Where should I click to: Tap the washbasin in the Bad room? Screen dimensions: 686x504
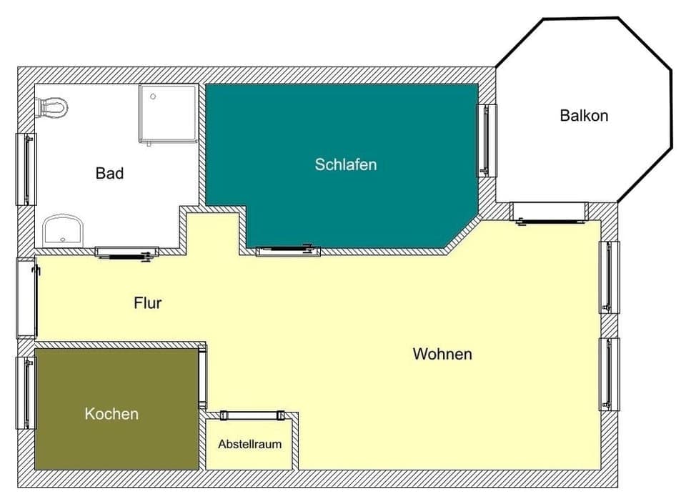[63, 232]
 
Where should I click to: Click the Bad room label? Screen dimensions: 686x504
[109, 173]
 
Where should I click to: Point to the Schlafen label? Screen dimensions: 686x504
[345, 164]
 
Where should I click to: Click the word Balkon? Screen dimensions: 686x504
[584, 115]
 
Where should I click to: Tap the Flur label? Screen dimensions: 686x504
[148, 302]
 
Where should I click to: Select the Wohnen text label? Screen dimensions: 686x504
[442, 354]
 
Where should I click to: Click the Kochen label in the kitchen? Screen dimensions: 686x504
[111, 413]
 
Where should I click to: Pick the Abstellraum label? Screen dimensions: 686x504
[249, 444]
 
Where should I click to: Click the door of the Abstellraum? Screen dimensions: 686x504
[252, 415]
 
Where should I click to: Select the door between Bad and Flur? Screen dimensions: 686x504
[126, 252]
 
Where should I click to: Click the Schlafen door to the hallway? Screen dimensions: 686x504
[287, 250]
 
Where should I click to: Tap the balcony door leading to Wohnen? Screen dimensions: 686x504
[549, 212]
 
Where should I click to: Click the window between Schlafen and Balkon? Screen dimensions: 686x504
[487, 139]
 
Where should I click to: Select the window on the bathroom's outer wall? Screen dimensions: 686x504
[26, 169]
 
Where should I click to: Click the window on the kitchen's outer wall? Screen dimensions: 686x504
[26, 392]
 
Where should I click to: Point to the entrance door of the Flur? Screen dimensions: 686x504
[27, 297]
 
